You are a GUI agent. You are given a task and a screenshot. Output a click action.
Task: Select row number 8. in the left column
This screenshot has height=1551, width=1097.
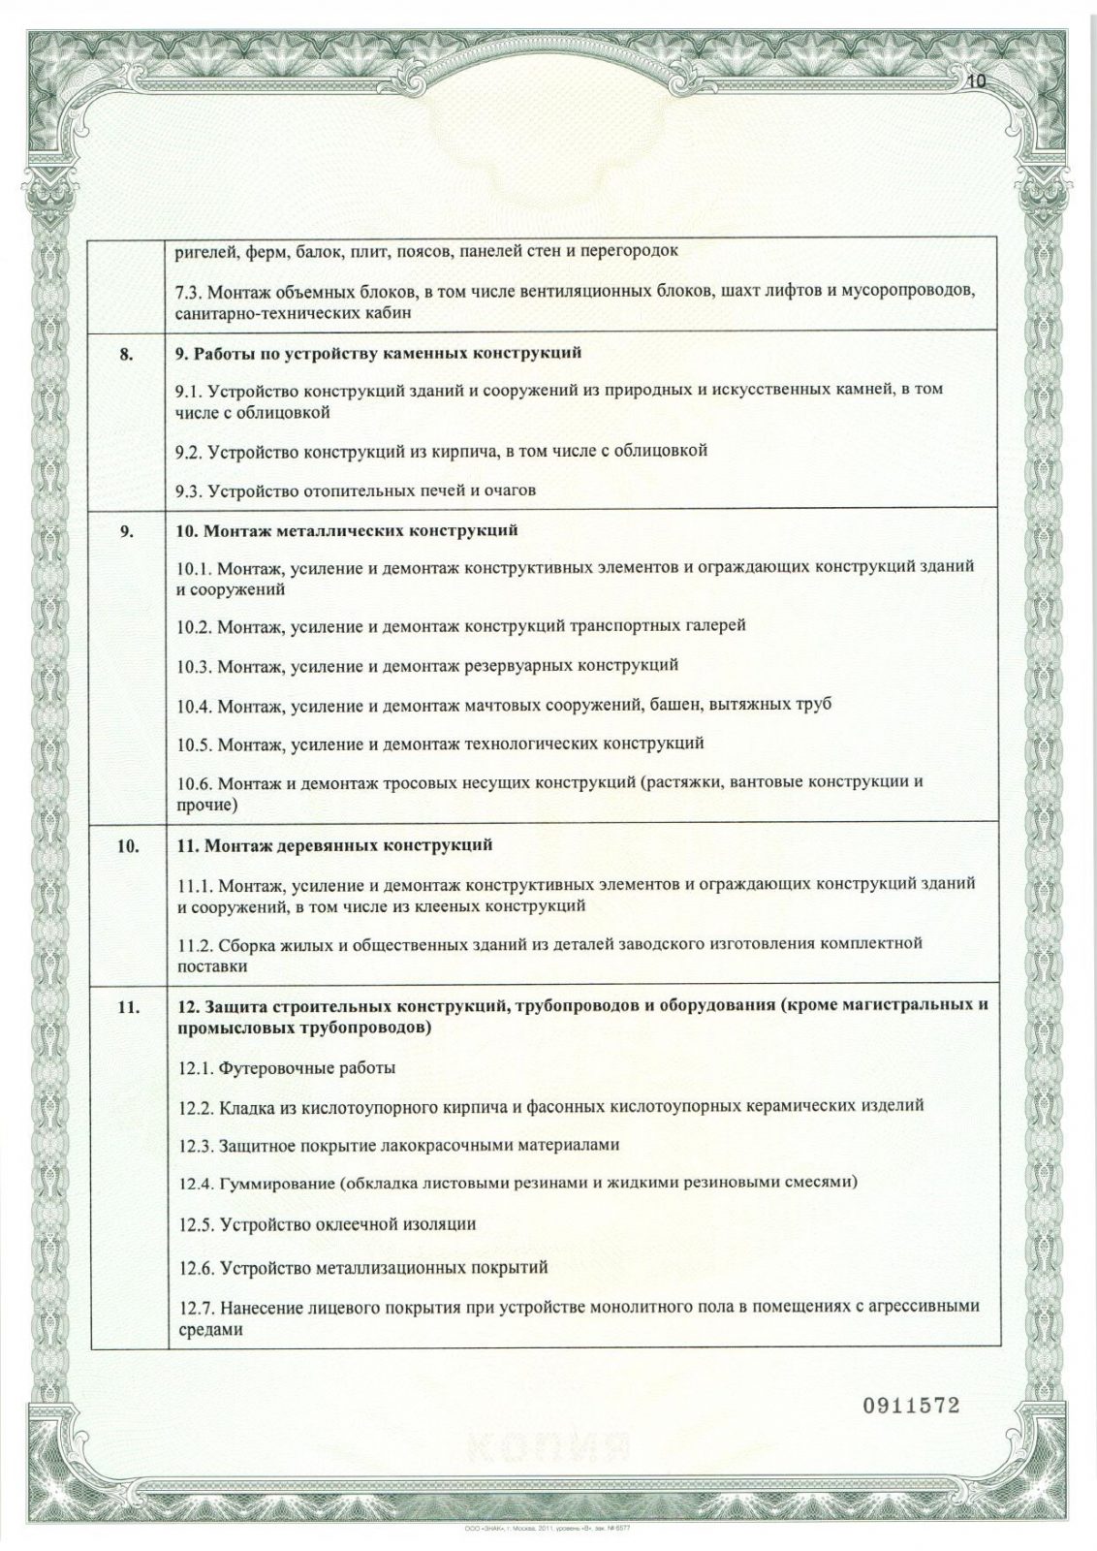click(127, 353)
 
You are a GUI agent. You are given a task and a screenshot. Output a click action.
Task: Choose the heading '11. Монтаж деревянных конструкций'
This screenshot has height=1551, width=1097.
click(333, 845)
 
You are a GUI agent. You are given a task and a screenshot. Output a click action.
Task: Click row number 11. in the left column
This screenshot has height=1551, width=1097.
click(127, 1007)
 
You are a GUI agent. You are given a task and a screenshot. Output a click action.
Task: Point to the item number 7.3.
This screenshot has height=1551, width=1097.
click(188, 292)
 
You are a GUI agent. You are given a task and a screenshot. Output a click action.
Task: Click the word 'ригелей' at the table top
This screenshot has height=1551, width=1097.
click(200, 251)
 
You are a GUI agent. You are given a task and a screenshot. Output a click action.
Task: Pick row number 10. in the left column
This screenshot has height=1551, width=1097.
click(127, 845)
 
